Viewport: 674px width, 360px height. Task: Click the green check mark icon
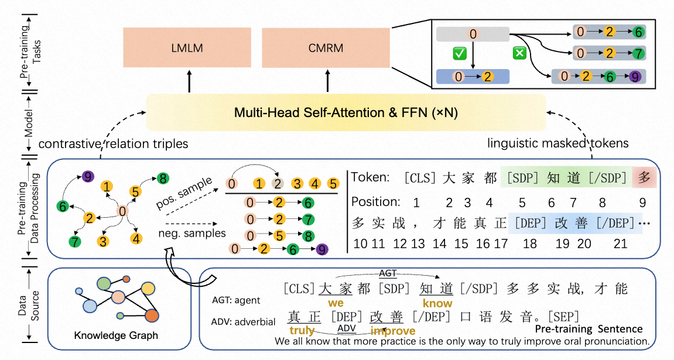(x=460, y=54)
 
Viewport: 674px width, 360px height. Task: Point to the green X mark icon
(x=518, y=54)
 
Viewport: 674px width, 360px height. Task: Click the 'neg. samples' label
(x=188, y=232)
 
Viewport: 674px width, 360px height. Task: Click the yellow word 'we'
(x=336, y=303)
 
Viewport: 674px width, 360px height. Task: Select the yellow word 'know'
(x=437, y=303)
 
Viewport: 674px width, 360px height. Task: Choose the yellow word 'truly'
(x=302, y=331)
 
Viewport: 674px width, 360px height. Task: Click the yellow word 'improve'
(x=392, y=331)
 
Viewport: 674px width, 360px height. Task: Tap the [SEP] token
(x=561, y=317)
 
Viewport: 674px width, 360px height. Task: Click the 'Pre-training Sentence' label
(x=589, y=329)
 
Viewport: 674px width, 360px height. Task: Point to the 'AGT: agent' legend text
(x=236, y=300)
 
